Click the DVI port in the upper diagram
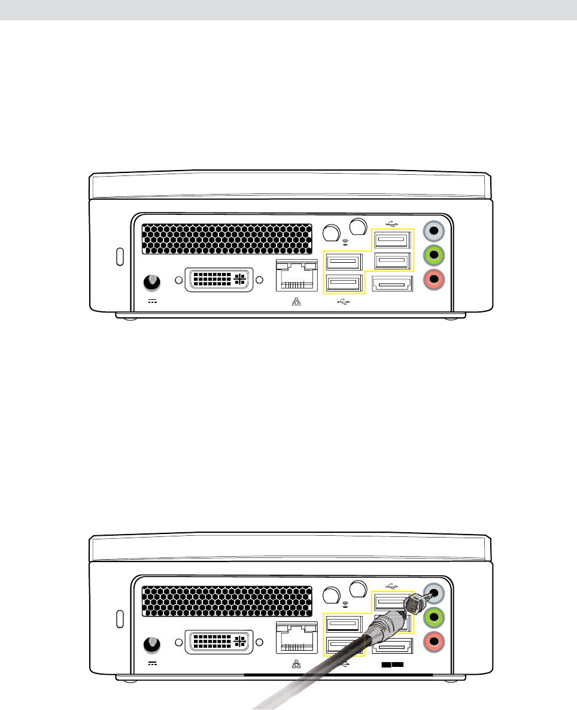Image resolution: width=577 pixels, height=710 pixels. click(219, 280)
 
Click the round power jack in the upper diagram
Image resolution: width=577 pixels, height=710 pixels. click(153, 281)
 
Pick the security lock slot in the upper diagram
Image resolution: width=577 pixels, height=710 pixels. click(119, 256)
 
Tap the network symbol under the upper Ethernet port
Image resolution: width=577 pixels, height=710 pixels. click(296, 302)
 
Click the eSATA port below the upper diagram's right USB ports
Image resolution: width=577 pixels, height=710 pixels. click(391, 285)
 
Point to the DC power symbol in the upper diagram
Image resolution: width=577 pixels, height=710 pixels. click(153, 301)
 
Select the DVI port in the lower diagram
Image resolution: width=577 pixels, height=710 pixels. click(219, 642)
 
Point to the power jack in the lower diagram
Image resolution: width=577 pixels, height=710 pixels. click(153, 644)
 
